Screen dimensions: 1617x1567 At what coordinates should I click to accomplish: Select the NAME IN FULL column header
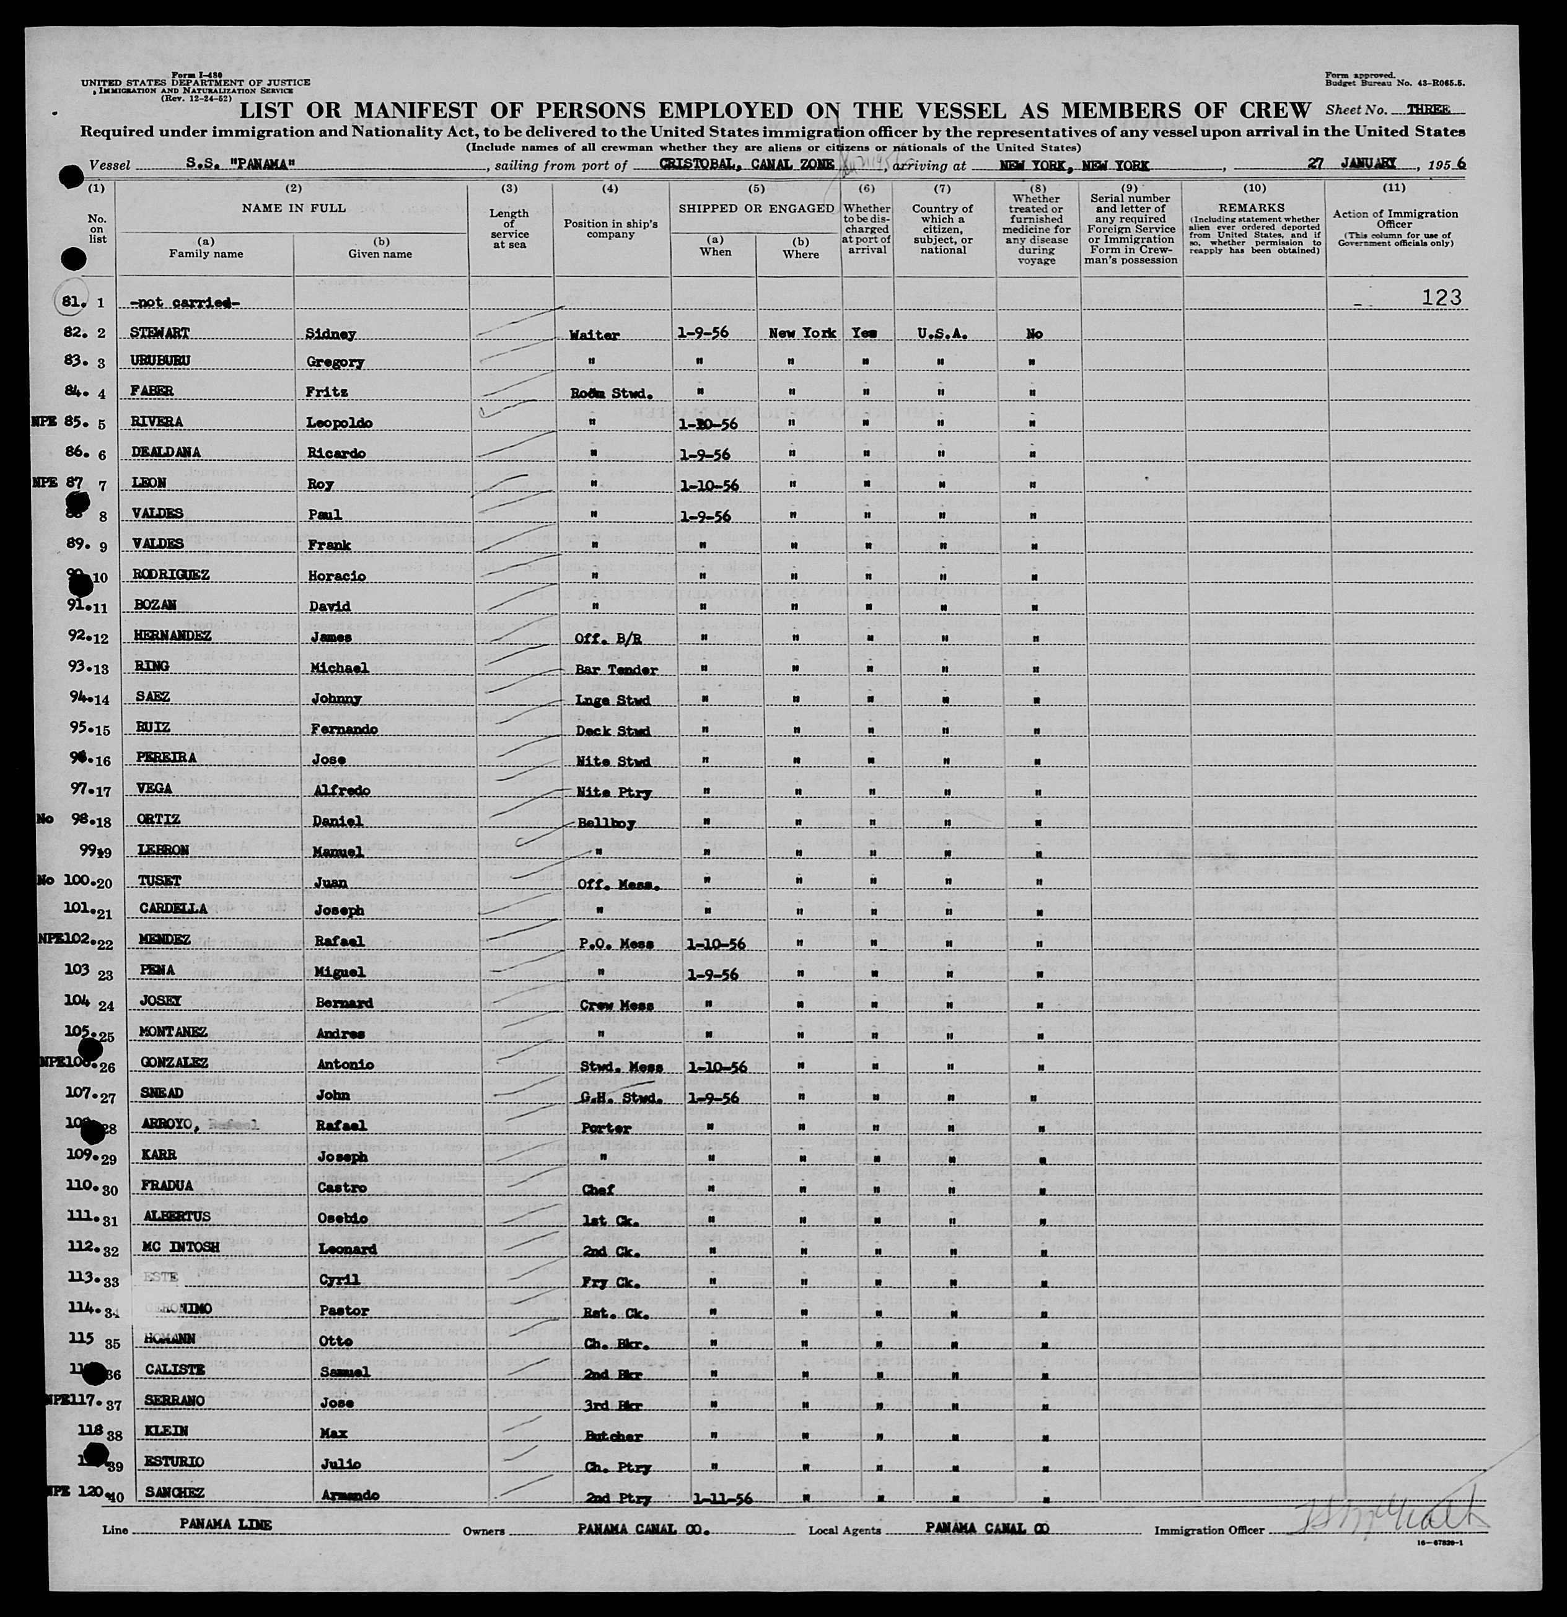[293, 208]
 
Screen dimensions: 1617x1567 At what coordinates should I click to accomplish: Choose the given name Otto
[336, 1341]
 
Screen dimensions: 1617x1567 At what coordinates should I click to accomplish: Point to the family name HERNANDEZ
[172, 636]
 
